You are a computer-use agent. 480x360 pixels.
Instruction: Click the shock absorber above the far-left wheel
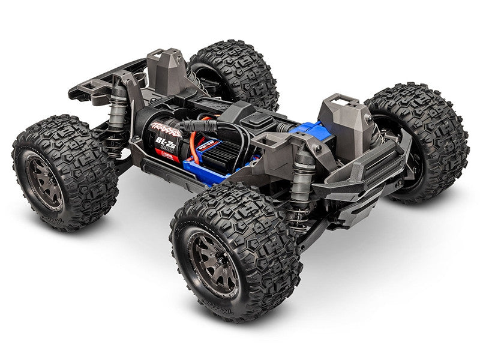(x=116, y=108)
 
